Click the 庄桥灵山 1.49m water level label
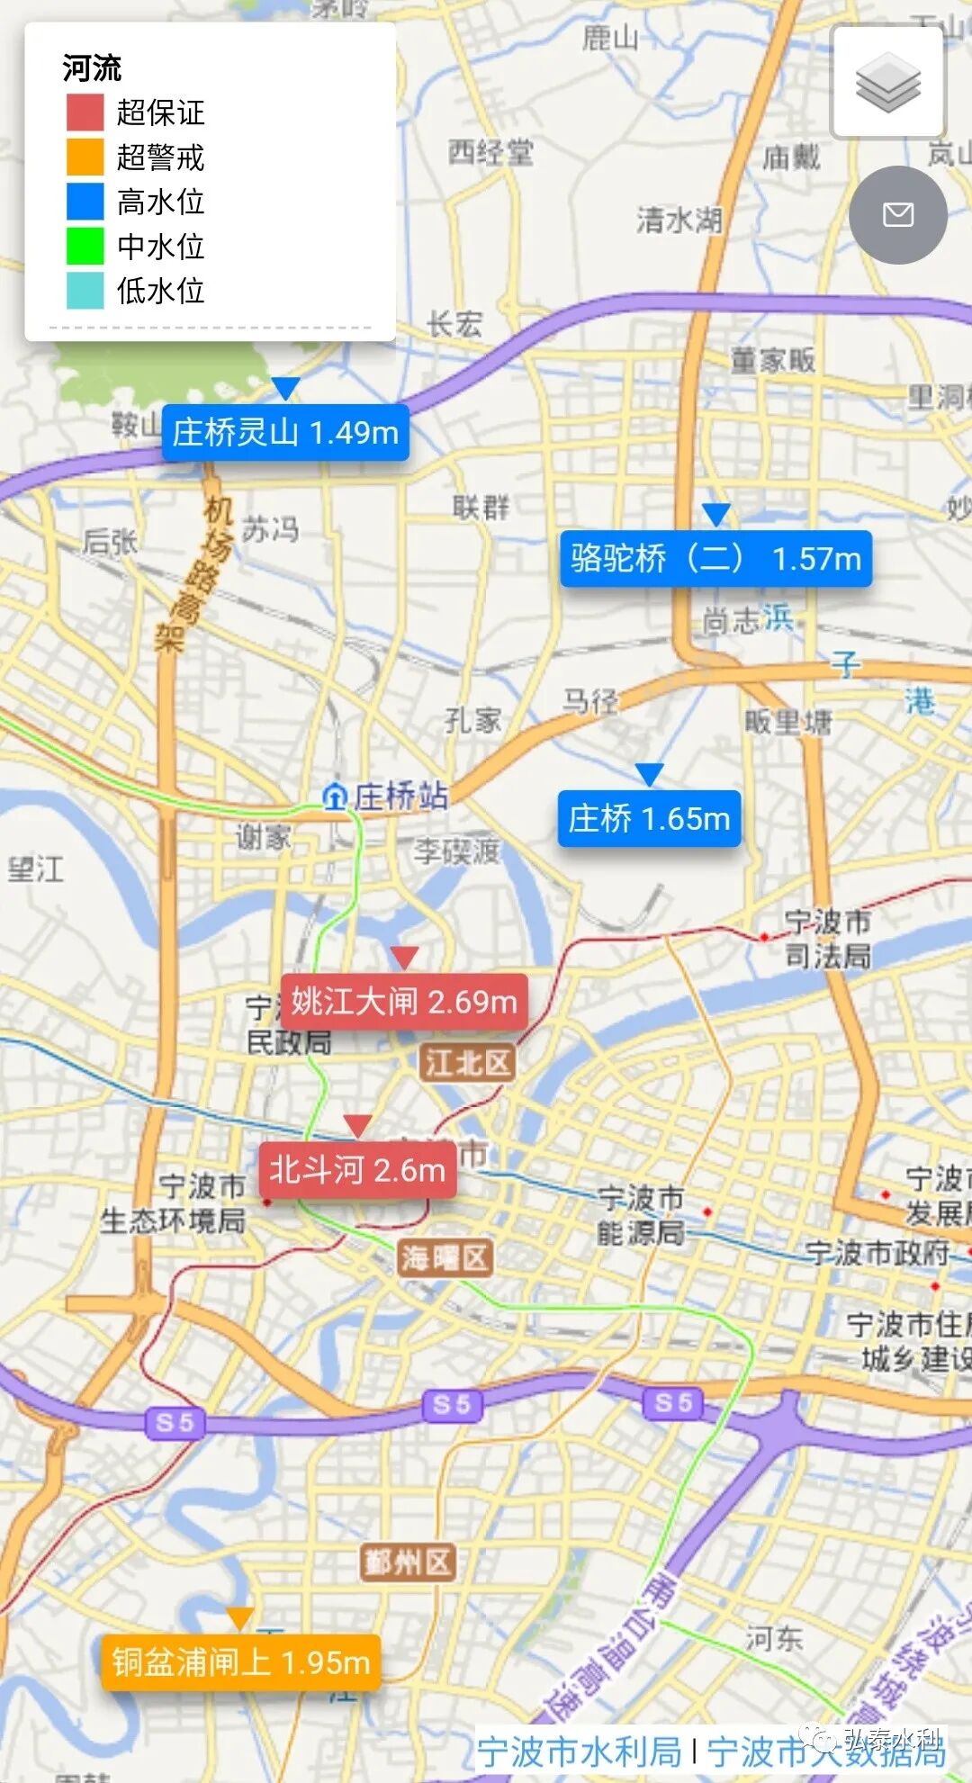coord(285,433)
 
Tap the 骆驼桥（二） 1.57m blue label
coord(715,558)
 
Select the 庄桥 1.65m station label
coord(649,818)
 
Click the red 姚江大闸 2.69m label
coord(404,1001)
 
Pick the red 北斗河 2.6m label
coord(357,1169)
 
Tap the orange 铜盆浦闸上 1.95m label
coord(240,1661)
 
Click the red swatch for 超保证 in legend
coord(85,113)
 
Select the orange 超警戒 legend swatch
coord(85,157)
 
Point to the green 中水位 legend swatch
coord(85,246)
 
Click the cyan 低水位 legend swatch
coord(85,291)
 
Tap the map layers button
coord(887,82)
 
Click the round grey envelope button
coord(897,214)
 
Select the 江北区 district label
coord(467,1063)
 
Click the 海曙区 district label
coord(445,1257)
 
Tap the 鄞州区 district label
coord(407,1562)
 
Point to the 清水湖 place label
coord(679,219)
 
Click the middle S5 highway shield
coord(452,1405)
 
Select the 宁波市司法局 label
coord(827,938)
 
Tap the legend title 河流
coord(92,68)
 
